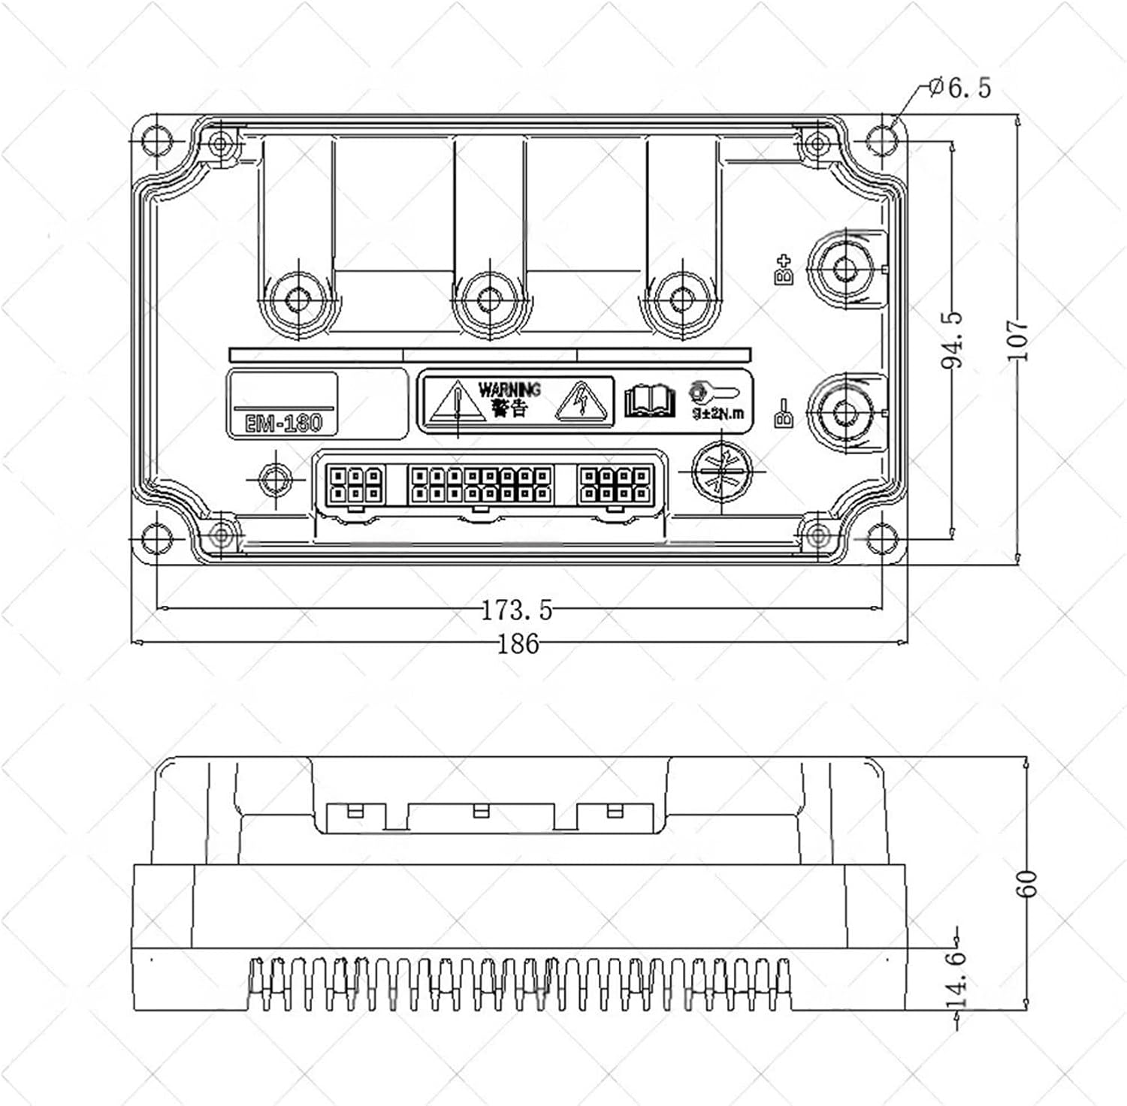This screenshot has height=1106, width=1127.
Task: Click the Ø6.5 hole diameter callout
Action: (960, 89)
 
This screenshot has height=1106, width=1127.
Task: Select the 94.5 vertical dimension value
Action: (953, 340)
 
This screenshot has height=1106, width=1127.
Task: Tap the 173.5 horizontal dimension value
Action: (517, 610)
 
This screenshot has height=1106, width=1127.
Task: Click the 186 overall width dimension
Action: (518, 643)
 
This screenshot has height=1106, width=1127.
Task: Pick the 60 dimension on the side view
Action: (1026, 883)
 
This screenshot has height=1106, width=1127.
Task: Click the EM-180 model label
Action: (283, 423)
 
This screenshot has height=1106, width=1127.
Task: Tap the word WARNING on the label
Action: (509, 390)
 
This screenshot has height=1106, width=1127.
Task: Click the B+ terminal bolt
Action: (846, 268)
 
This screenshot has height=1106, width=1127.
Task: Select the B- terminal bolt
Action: (846, 411)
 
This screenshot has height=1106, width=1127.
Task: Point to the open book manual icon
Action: (650, 402)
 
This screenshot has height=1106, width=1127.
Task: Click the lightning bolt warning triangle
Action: (580, 402)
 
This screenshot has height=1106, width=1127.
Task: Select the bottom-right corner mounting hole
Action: (881, 538)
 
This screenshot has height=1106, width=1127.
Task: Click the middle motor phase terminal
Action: (489, 300)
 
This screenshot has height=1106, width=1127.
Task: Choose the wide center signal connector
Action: (481, 484)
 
